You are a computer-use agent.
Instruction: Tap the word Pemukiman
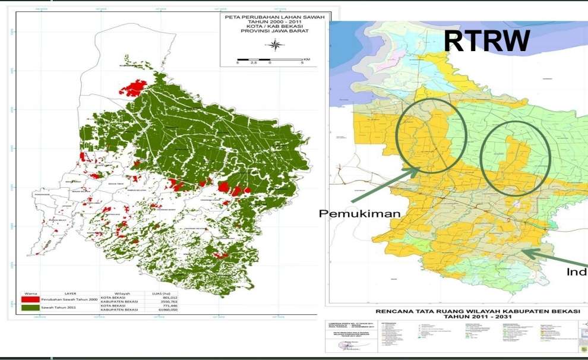click(360, 214)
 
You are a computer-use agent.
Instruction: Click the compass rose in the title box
click(274, 45)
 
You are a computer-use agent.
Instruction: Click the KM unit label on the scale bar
click(306, 59)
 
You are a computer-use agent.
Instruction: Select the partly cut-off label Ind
click(576, 272)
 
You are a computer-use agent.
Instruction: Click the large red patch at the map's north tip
click(133, 88)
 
